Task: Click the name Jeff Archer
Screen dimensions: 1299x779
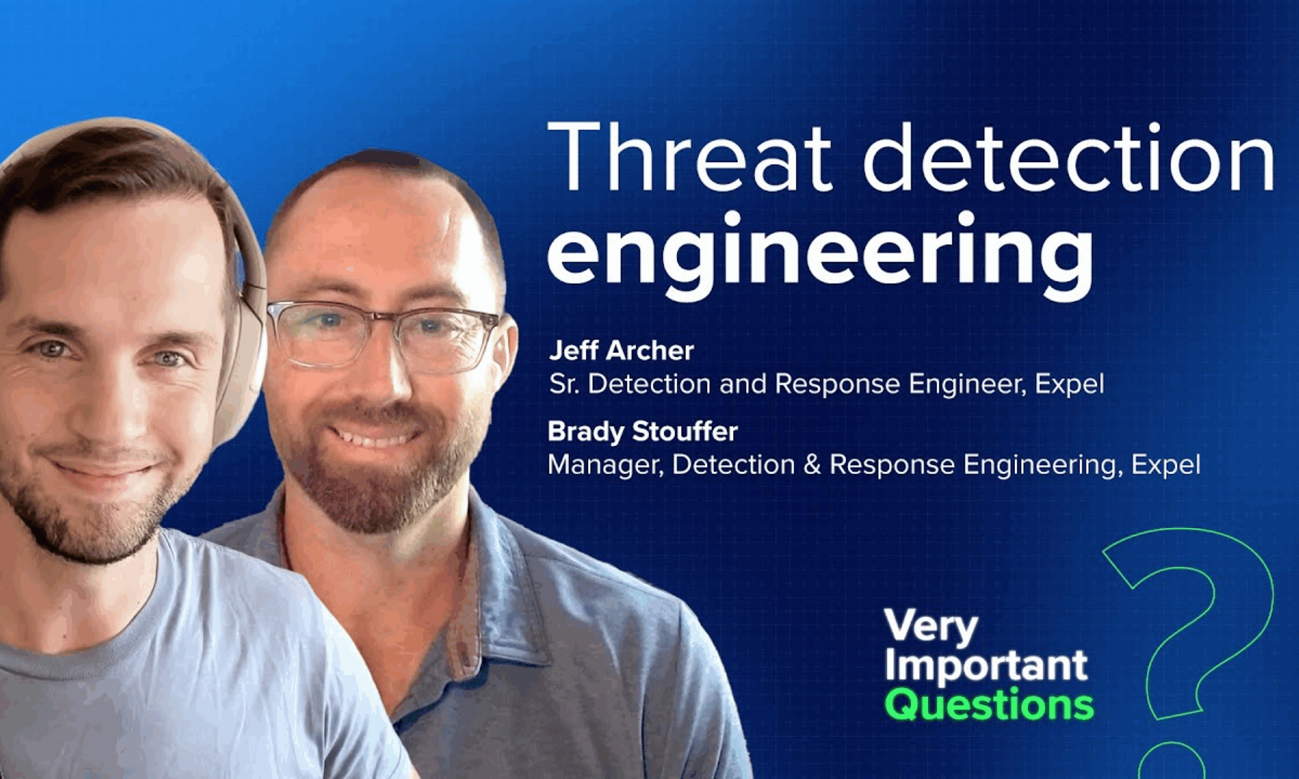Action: click(621, 350)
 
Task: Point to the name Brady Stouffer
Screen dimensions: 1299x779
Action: click(643, 432)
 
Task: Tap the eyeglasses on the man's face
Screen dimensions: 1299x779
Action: click(383, 335)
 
